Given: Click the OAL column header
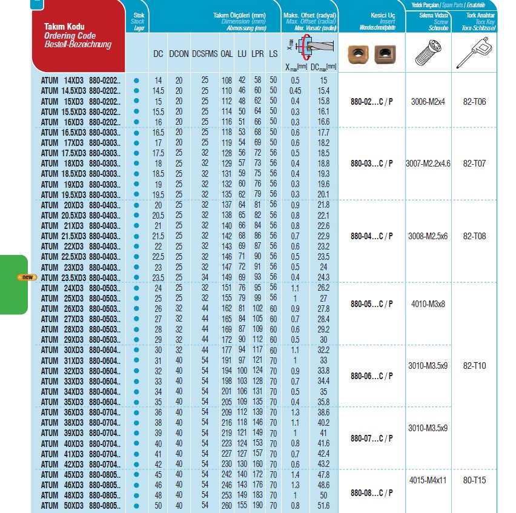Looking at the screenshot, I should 227,53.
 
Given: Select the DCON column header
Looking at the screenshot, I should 179,53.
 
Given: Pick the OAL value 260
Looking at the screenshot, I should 227,505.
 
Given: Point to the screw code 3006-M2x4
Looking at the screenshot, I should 426,101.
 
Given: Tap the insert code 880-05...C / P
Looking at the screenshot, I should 372,303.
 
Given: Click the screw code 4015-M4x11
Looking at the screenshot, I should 426,480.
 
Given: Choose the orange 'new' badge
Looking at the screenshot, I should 27,277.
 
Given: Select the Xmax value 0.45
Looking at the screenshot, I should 296,90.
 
